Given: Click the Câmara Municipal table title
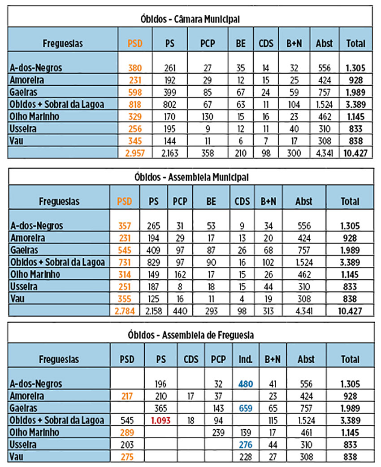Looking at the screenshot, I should [190, 19].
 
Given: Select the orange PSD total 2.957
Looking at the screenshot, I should [134, 153].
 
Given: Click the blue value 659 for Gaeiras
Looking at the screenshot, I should [245, 408].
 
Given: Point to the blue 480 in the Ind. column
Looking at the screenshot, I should [245, 384].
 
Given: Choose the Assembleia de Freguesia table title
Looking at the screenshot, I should [190, 335].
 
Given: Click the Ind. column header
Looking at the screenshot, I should [245, 359].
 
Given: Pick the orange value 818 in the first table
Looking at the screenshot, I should [134, 105].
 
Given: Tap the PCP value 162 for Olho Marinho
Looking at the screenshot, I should [180, 274].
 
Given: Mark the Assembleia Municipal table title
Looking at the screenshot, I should [190, 177].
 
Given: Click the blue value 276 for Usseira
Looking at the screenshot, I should [245, 445].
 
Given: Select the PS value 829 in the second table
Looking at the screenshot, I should [154, 262].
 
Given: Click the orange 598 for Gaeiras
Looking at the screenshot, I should [134, 93].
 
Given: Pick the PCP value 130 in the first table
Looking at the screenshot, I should [208, 117].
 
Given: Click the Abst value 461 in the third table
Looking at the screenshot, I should [304, 433].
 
